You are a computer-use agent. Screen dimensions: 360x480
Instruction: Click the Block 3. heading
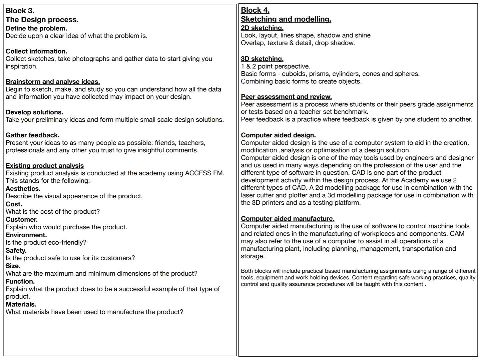click(20, 11)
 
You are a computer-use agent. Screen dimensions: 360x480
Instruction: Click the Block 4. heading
click(255, 10)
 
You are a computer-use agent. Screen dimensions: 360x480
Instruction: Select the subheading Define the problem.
click(36, 28)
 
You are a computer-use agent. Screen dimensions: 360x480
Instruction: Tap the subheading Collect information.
click(36, 51)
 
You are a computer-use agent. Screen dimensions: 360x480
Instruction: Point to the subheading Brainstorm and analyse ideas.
click(53, 82)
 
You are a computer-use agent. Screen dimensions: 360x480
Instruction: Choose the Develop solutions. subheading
click(34, 112)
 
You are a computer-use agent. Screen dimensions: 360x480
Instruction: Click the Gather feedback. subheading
click(32, 135)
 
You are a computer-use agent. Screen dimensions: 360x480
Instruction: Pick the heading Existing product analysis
click(45, 166)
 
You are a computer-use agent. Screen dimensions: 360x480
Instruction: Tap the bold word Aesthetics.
click(23, 189)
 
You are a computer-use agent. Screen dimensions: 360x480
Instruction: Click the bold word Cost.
click(14, 204)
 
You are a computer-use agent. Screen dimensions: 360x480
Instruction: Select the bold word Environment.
click(26, 235)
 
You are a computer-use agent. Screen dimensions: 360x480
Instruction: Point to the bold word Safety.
click(16, 250)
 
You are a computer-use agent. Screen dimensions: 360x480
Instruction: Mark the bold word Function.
click(20, 281)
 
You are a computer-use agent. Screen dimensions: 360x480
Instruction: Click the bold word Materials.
click(21, 304)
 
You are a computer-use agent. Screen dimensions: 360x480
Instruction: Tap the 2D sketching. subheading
click(262, 28)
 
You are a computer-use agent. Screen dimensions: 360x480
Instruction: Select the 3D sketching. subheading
click(262, 59)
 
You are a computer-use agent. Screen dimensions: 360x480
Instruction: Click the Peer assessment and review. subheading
click(286, 97)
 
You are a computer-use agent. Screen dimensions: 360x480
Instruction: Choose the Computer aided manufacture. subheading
click(288, 219)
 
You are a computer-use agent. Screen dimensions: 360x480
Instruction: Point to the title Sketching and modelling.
click(286, 19)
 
